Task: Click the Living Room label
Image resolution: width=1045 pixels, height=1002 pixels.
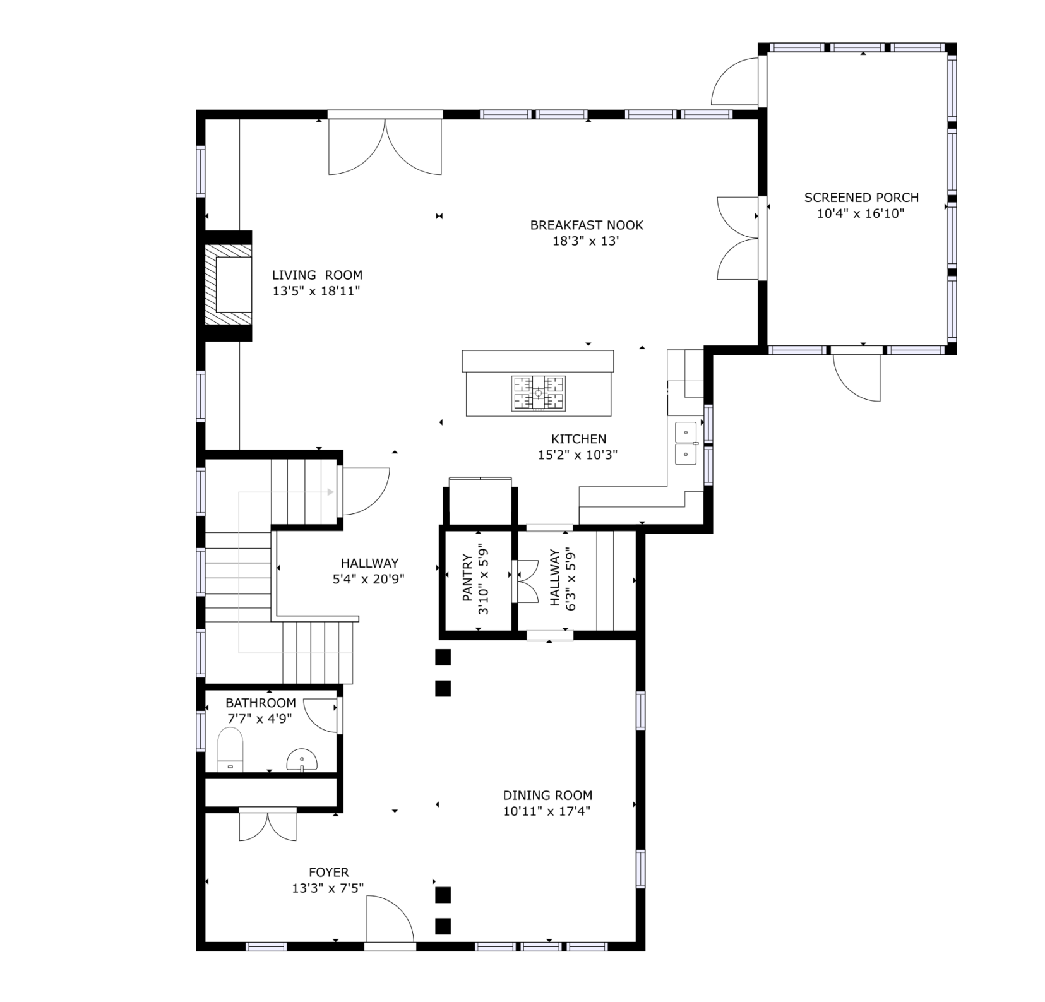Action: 317,275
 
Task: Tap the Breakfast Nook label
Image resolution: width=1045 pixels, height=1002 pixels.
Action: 587,225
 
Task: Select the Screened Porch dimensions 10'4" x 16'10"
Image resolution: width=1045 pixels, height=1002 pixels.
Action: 861,213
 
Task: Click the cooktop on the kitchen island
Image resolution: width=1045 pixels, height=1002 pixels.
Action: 538,393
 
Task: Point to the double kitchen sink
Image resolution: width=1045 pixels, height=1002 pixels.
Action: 686,443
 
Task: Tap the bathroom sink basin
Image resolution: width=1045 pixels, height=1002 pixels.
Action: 302,760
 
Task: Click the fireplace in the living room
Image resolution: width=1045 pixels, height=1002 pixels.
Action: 228,285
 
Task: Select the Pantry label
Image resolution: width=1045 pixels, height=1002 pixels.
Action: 467,578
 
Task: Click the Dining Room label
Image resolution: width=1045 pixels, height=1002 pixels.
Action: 547,796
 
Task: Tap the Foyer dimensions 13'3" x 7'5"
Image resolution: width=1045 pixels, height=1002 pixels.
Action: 328,888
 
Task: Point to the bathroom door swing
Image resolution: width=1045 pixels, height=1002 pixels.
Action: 321,715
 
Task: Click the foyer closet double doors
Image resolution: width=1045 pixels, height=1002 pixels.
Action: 268,826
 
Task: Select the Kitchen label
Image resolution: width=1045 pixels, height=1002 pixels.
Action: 578,439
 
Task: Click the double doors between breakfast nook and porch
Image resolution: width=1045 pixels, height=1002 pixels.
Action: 737,237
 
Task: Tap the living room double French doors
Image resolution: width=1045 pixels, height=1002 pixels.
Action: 385,146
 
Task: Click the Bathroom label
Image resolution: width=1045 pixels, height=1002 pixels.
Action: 261,703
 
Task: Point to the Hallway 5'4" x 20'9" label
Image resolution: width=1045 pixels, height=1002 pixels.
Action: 369,571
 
